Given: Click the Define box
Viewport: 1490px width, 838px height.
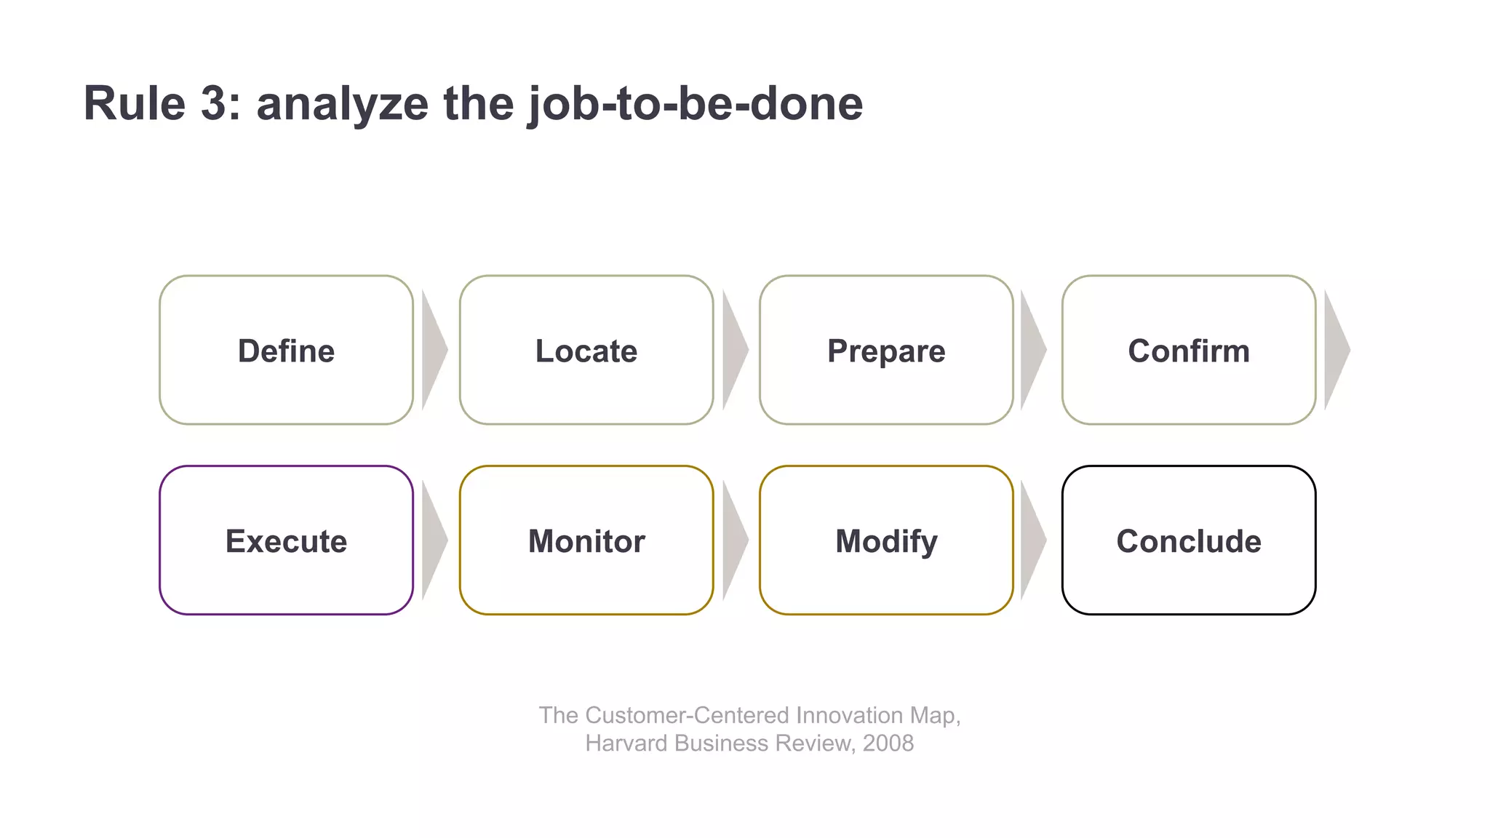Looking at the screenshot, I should (x=286, y=350).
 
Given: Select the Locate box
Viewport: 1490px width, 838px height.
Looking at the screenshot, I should (x=586, y=350).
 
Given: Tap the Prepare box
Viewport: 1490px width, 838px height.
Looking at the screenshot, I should (x=886, y=350).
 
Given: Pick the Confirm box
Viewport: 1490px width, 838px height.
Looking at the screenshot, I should (x=1189, y=350).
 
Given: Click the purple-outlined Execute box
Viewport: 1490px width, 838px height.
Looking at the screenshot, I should (x=286, y=540).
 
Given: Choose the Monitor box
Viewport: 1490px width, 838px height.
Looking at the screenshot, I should (x=586, y=540).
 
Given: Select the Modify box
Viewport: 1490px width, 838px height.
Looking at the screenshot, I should (x=886, y=540).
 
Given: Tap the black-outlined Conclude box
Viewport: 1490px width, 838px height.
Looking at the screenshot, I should (x=1189, y=540).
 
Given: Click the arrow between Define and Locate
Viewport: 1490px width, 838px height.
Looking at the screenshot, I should (x=433, y=350).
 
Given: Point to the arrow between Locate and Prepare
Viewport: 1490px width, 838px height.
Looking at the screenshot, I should (x=733, y=350).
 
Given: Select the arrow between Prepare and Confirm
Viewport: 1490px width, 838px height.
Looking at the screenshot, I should (x=1032, y=350).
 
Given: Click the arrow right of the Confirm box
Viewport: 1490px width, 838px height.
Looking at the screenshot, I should (x=1336, y=350).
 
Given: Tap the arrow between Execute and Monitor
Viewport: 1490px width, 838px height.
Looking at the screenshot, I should (x=433, y=540).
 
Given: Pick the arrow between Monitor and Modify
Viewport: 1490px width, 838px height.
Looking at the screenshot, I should (x=733, y=540).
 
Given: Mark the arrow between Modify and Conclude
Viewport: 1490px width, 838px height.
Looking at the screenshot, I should (x=1032, y=540).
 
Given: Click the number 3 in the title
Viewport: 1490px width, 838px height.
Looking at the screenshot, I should (x=214, y=103).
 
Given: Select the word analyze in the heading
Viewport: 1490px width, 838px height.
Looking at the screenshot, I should (x=342, y=103).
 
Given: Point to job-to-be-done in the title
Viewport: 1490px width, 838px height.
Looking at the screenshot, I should (x=696, y=103).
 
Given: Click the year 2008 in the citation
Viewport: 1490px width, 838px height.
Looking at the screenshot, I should (x=888, y=743).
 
